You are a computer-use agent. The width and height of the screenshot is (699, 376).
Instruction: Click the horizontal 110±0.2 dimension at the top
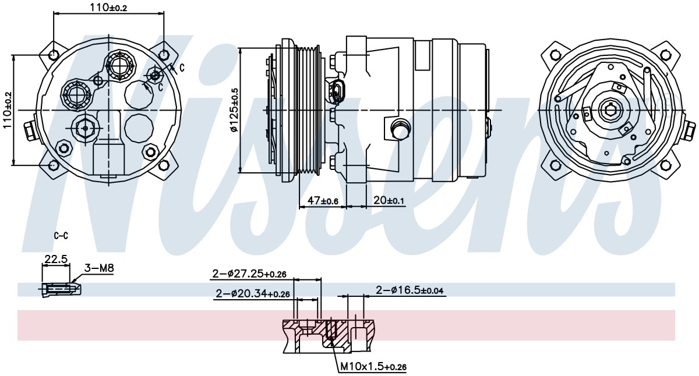click(108, 7)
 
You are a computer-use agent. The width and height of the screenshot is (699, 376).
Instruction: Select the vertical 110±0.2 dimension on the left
click(7, 110)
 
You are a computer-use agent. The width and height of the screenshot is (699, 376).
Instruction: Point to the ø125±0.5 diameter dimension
click(234, 110)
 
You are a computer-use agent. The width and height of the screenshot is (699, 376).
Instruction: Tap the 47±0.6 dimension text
click(323, 200)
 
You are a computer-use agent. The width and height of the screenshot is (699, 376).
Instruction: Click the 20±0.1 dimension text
click(389, 200)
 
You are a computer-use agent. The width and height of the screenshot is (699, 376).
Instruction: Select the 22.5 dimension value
click(56, 259)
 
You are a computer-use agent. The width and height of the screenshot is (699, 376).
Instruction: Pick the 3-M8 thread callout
click(99, 268)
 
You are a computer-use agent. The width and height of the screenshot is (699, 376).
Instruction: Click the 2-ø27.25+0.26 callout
click(249, 274)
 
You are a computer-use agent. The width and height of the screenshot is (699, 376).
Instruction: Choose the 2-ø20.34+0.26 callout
click(253, 293)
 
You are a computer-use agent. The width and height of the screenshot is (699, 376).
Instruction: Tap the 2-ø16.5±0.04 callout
click(409, 290)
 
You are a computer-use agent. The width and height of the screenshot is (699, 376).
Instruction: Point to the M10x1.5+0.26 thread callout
click(373, 367)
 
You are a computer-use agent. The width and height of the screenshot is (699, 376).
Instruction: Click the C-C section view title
click(61, 236)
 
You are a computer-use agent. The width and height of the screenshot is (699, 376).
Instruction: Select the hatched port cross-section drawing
click(329, 336)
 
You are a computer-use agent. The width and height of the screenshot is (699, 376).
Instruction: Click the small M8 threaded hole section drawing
click(61, 290)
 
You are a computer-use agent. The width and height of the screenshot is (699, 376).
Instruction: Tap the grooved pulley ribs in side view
click(309, 110)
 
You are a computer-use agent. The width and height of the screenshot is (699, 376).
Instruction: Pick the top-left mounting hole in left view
click(54, 55)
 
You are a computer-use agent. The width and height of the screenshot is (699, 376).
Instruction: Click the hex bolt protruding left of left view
click(30, 131)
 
